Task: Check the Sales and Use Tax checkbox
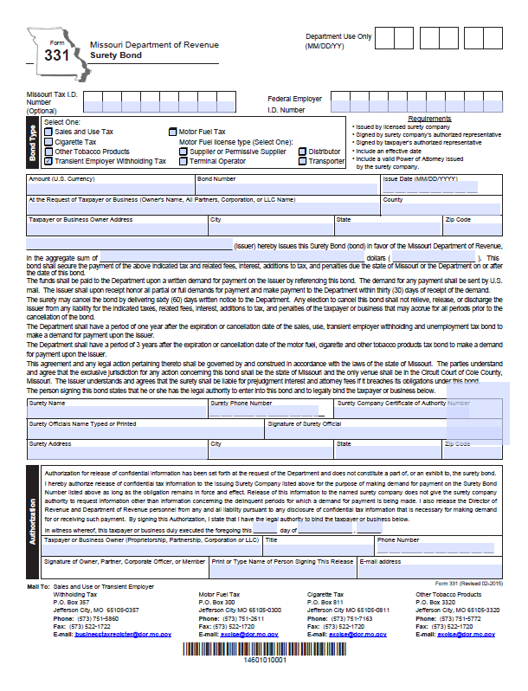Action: click(x=48, y=132)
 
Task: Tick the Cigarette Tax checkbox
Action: click(x=48, y=142)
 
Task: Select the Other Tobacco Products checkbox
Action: click(x=48, y=152)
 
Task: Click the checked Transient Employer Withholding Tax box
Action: click(x=48, y=161)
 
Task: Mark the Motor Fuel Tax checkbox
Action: click(x=172, y=132)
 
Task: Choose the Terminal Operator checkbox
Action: click(x=184, y=161)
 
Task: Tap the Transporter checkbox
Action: click(x=302, y=161)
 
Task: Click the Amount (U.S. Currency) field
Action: click(x=110, y=187)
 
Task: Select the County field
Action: click(x=441, y=209)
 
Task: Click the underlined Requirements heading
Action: click(x=429, y=119)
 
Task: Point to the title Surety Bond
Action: click(x=113, y=55)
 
